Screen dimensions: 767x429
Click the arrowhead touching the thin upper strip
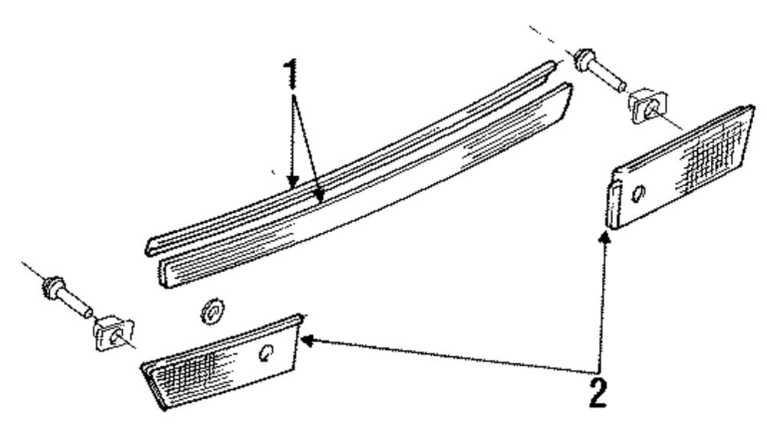click(x=291, y=182)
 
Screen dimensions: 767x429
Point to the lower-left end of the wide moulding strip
click(x=165, y=272)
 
